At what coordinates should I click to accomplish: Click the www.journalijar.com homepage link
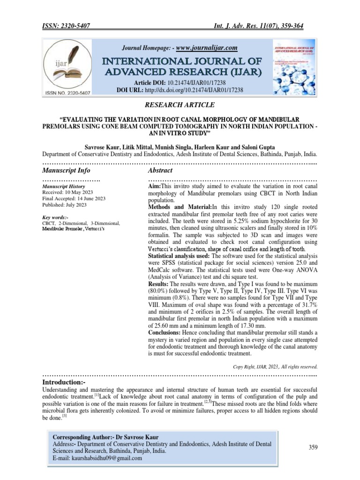(x=206, y=48)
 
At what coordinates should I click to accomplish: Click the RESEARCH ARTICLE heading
(x=180, y=105)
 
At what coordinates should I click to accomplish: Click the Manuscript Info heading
(x=66, y=170)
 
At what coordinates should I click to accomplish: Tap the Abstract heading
(x=160, y=170)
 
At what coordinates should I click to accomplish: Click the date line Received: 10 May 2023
(x=68, y=192)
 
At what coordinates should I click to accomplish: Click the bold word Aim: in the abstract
(x=155, y=187)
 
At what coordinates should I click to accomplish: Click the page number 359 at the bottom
(x=313, y=448)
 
